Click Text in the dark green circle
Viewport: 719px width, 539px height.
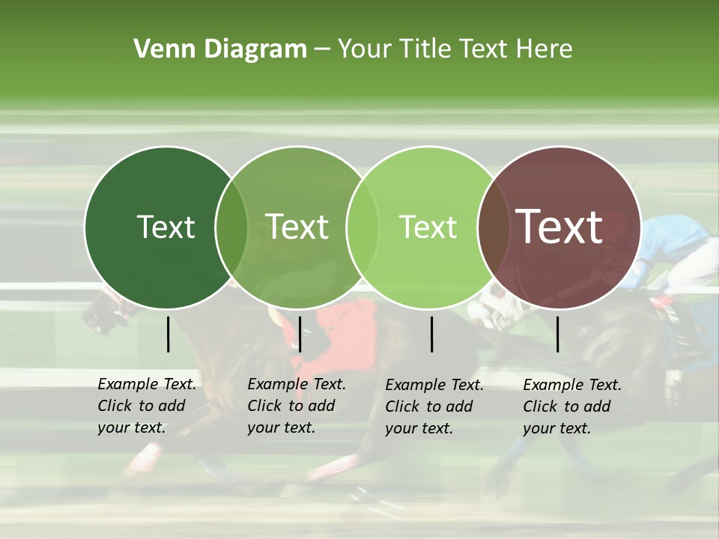coord(166,227)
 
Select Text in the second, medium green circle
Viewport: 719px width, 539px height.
coord(297,227)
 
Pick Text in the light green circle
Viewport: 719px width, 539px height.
coord(428,227)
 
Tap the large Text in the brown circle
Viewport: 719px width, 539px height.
coord(559,227)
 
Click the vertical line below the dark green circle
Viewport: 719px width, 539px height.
coord(168,334)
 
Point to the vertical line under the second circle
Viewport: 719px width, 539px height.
coord(300,334)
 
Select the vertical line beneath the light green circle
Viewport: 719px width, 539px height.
coord(431,334)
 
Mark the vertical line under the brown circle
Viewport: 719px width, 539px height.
coord(557,334)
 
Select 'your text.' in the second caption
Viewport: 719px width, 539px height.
coord(281,427)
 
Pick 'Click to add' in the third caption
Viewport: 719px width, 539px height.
coord(428,406)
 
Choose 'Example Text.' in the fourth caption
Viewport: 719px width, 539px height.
coord(572,385)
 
